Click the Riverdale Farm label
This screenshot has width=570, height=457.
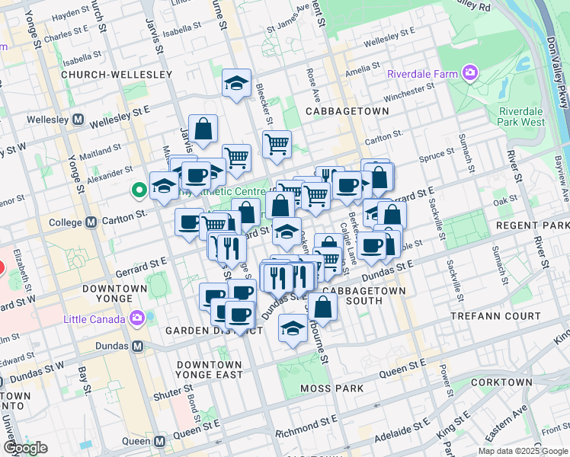(x=421, y=74)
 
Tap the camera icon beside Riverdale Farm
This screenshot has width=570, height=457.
(x=469, y=73)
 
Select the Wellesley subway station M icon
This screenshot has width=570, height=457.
(x=78, y=120)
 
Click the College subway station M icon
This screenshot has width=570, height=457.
(x=91, y=222)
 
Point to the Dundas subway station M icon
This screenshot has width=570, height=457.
(x=138, y=346)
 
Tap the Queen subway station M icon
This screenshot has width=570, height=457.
(x=159, y=441)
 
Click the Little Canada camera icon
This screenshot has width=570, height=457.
(x=137, y=318)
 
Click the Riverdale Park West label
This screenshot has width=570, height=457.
(x=522, y=116)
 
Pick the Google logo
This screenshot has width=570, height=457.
(x=25, y=448)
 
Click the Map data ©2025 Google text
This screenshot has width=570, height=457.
(x=522, y=451)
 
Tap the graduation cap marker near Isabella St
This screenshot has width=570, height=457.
(x=237, y=83)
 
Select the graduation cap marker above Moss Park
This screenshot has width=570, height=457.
(x=293, y=328)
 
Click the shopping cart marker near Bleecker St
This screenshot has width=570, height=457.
(x=277, y=142)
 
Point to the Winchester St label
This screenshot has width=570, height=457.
(x=408, y=95)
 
